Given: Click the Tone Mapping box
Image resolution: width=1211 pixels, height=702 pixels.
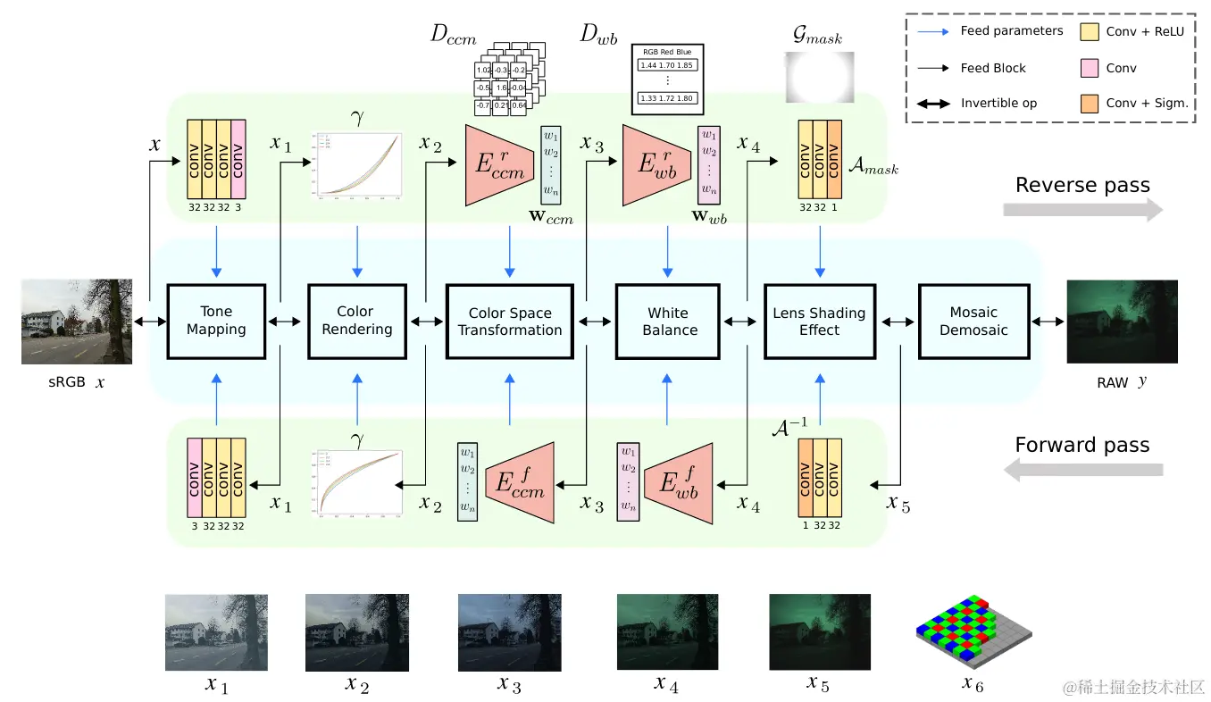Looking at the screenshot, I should coord(216,322).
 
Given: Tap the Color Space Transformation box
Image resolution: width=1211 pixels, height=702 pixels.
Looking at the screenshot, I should coord(509,322).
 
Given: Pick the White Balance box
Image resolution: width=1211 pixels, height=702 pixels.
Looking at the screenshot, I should coord(669,322).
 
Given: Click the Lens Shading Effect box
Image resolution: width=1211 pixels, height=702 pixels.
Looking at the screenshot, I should coord(819,322).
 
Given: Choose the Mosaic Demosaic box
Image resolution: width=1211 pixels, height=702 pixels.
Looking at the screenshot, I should coord(973,322).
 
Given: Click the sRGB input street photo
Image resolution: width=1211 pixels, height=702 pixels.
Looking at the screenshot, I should coord(77,322).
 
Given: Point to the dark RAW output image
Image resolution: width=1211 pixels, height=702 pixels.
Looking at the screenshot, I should coord(1122,322).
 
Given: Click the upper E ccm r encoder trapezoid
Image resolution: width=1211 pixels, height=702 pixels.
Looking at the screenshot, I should coord(498,166).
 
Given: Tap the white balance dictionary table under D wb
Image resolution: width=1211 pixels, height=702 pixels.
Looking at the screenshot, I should coord(668,79).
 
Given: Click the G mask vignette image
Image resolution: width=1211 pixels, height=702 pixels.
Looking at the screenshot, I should coord(819,77).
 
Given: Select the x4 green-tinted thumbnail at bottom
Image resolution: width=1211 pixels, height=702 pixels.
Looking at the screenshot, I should coord(667,632).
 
